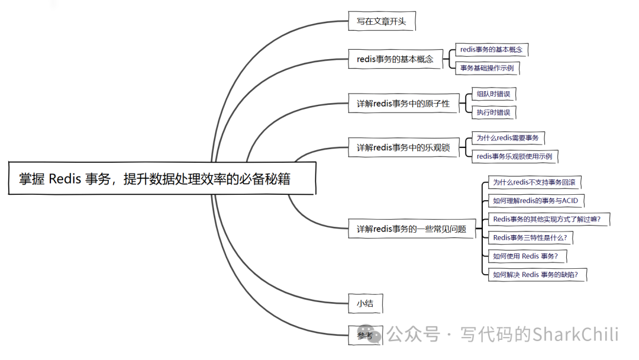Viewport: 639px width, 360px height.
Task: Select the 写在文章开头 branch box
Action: tap(381, 22)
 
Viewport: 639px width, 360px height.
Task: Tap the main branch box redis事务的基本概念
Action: tap(395, 59)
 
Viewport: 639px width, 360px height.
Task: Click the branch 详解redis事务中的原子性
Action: tap(403, 104)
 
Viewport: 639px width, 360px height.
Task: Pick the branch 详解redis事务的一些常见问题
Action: tap(411, 229)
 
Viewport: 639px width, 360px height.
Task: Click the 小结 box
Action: tap(365, 304)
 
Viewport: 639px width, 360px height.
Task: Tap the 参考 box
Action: tap(365, 336)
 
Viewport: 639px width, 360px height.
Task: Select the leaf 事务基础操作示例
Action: tap(487, 67)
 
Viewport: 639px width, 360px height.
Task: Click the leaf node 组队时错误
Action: tap(493, 94)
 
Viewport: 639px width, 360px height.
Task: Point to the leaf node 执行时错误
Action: tap(493, 112)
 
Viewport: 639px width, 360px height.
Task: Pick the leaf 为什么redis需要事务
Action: tap(507, 138)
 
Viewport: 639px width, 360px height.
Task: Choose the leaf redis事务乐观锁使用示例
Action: tap(514, 156)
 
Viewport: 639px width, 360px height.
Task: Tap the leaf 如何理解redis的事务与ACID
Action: tap(535, 201)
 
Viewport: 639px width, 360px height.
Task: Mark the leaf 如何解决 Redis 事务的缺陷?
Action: tap(539, 274)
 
